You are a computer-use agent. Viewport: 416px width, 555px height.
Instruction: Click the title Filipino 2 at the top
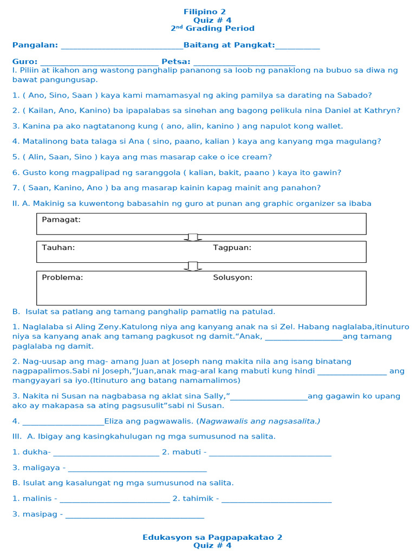coord(204,11)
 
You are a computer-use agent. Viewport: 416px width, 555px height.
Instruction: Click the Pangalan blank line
coord(122,46)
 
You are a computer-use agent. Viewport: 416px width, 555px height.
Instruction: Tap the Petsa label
coord(175,62)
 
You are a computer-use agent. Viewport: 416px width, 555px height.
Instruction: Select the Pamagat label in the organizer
coord(61,220)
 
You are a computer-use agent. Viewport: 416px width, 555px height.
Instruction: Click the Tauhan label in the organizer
coord(58,248)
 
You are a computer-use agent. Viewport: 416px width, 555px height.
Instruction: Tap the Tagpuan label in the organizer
coord(232,248)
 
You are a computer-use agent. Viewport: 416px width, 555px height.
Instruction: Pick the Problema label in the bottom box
coord(62,277)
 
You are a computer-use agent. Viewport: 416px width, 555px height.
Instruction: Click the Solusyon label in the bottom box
coord(232,277)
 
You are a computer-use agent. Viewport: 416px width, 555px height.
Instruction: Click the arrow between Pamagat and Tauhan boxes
coord(192,237)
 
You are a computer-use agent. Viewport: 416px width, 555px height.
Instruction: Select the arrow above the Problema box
coord(192,266)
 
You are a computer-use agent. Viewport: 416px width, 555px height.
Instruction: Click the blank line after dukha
coord(106,453)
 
